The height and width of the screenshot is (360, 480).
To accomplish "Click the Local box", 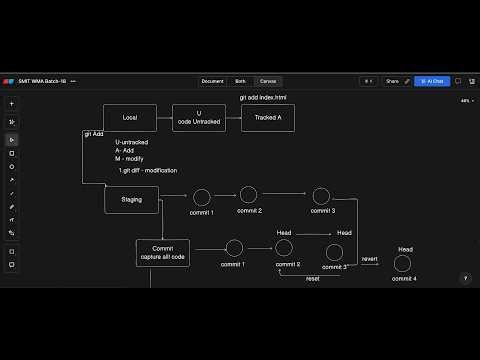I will click(x=130, y=118).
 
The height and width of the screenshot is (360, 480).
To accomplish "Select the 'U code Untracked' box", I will click(x=198, y=118).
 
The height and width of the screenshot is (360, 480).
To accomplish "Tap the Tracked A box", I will click(x=267, y=118).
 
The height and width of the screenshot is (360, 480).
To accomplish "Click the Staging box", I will click(x=131, y=199).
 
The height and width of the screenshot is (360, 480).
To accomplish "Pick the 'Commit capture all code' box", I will click(x=162, y=253).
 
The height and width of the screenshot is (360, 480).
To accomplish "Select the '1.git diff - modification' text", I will click(x=148, y=171).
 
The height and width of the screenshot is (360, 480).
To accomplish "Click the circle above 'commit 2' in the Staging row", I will click(x=249, y=195).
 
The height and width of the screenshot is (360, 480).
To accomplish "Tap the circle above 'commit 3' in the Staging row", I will click(x=321, y=196).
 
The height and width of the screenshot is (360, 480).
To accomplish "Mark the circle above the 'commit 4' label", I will click(x=403, y=264).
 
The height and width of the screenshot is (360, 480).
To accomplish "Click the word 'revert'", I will click(x=369, y=258).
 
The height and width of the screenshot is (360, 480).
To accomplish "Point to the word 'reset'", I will click(x=313, y=278).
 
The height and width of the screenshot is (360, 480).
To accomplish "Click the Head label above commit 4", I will click(x=405, y=249).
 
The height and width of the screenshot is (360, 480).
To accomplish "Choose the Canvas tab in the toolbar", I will click(x=268, y=81).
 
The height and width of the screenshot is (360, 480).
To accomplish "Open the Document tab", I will click(x=212, y=81).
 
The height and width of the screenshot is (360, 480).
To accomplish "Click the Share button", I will click(x=392, y=81).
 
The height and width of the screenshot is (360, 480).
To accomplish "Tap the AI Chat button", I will click(x=433, y=81).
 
